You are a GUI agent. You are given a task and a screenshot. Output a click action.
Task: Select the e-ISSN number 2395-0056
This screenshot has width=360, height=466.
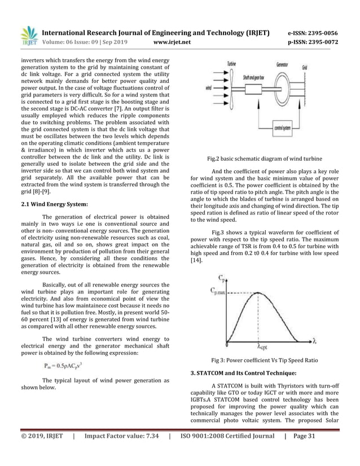pos(313,32)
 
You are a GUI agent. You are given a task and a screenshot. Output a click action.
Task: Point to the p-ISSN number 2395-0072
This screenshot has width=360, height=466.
pos(313,42)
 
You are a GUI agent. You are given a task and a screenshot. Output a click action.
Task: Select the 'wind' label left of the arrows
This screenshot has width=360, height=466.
pos(209,88)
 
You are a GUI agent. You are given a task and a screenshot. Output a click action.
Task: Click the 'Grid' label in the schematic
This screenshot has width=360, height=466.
pos(305,67)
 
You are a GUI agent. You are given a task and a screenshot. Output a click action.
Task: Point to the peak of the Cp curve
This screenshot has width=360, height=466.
pos(258,292)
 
